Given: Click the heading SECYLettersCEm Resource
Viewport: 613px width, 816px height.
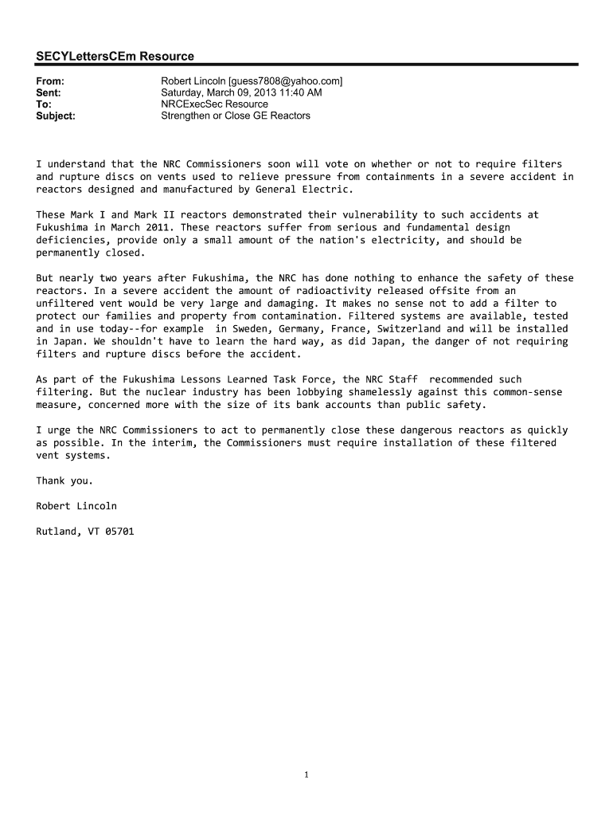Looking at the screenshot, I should tap(115, 56).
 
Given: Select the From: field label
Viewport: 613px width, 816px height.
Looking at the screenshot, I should tap(50, 81).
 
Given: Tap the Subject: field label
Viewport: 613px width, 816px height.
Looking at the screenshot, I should tap(56, 116).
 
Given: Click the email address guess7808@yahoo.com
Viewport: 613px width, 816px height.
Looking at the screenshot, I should tap(286, 81).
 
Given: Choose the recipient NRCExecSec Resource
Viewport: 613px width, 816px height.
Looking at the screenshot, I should tap(214, 104).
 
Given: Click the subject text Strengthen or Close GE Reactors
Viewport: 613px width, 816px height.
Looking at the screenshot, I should tap(236, 116).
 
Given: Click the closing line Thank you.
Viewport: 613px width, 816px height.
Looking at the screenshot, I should tap(64, 481).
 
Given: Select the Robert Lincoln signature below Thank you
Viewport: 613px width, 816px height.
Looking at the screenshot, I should tap(76, 506).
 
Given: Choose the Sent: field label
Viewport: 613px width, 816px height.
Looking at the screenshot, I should tap(49, 92).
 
